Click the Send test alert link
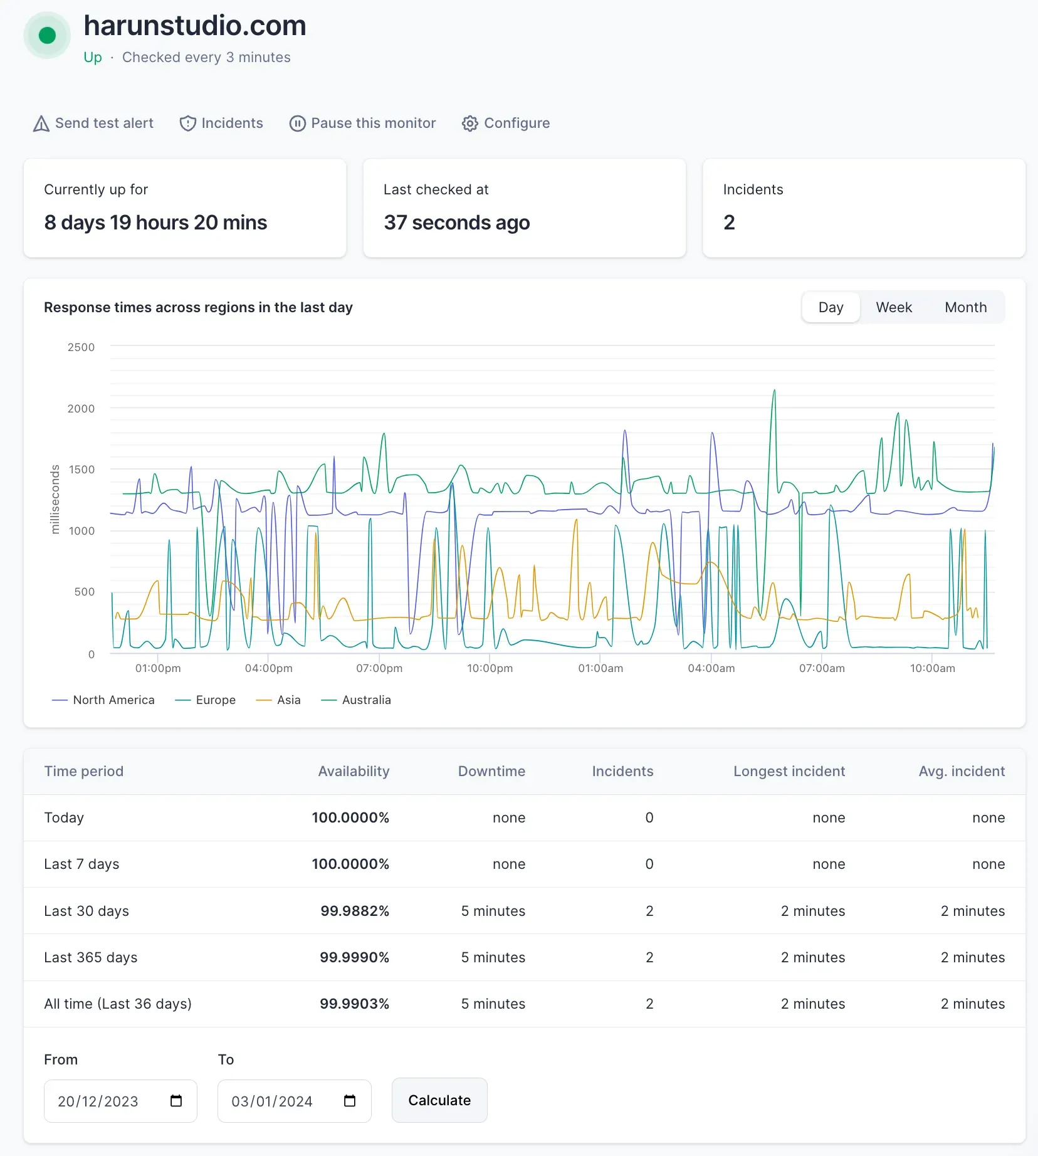point(93,123)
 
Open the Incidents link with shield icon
point(221,123)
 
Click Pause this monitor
point(362,123)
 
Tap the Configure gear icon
point(470,123)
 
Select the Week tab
point(893,307)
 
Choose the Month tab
point(965,307)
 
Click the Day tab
point(831,307)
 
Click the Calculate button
point(439,1100)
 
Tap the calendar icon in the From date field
point(176,1101)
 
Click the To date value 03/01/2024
point(272,1101)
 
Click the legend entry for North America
point(104,700)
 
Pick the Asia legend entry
point(279,700)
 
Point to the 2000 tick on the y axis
point(81,409)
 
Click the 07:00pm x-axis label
point(379,668)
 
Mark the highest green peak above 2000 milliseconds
point(774,391)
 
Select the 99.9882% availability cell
point(355,911)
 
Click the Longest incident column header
point(789,771)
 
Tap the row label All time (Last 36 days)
point(118,1004)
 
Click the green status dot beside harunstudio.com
point(47,36)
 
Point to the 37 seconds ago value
point(457,223)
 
